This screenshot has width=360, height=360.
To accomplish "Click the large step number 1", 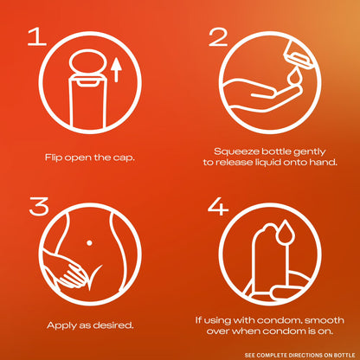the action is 37,36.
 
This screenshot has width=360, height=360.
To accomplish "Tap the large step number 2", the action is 218,37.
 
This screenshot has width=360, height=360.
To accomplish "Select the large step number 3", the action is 39,206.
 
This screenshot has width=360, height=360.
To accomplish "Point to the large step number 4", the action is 218,207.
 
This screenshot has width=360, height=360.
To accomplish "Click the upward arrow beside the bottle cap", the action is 116,70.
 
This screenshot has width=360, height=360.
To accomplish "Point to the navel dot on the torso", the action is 89,243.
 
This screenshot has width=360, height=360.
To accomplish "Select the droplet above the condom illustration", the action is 286,231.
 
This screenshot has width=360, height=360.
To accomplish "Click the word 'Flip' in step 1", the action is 53,157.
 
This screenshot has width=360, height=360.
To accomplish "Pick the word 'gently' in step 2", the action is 310,151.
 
